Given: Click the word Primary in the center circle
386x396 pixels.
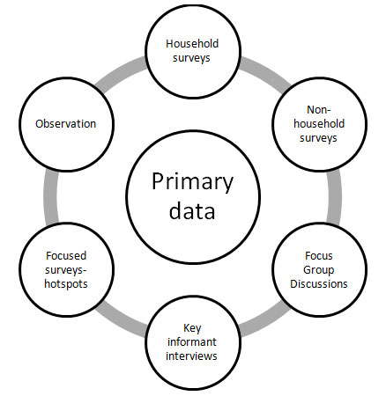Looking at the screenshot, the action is [x=192, y=183].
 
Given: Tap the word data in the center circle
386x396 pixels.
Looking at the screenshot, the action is [x=192, y=210].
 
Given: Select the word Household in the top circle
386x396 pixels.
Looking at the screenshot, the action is [x=192, y=44].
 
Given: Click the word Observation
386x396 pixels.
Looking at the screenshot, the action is [x=66, y=124].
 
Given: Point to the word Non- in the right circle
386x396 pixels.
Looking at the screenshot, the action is [x=319, y=110].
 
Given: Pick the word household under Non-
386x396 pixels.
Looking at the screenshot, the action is [x=319, y=123].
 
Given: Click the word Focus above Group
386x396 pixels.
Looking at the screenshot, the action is [x=319, y=256].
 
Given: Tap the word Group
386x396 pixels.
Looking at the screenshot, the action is [x=319, y=270].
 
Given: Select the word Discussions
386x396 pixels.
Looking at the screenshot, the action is [x=319, y=284].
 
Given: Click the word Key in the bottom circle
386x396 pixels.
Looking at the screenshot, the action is [x=192, y=328].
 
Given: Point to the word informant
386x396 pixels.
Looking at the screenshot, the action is [x=192, y=341].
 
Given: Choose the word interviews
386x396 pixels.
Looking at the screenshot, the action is [x=191, y=356].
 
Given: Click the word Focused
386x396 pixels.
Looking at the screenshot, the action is [x=66, y=256].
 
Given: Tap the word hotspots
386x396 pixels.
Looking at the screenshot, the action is [x=66, y=284].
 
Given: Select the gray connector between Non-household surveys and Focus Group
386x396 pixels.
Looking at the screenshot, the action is [x=334, y=196].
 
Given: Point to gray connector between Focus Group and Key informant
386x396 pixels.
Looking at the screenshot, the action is [x=265, y=320].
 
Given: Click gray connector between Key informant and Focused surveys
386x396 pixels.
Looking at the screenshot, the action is [x=121, y=320].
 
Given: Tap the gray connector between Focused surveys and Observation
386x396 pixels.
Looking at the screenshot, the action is [x=51, y=197].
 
